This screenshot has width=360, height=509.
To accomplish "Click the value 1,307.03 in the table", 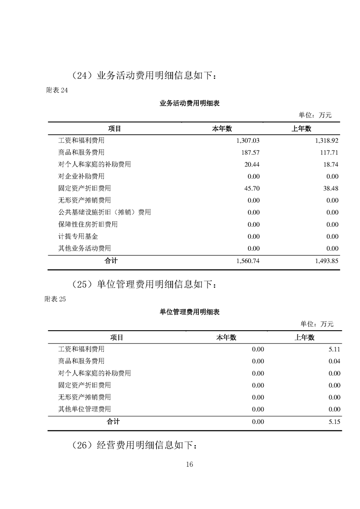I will [248, 141].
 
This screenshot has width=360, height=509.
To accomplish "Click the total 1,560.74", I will [248, 261].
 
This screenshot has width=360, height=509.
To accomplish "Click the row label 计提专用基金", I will [78, 236].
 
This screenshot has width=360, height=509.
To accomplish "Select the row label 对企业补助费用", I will [81, 176].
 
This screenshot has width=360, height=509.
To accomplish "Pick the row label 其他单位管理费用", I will [84, 409].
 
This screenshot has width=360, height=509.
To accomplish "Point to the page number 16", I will [190, 464].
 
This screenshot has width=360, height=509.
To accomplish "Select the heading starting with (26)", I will [135, 445].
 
